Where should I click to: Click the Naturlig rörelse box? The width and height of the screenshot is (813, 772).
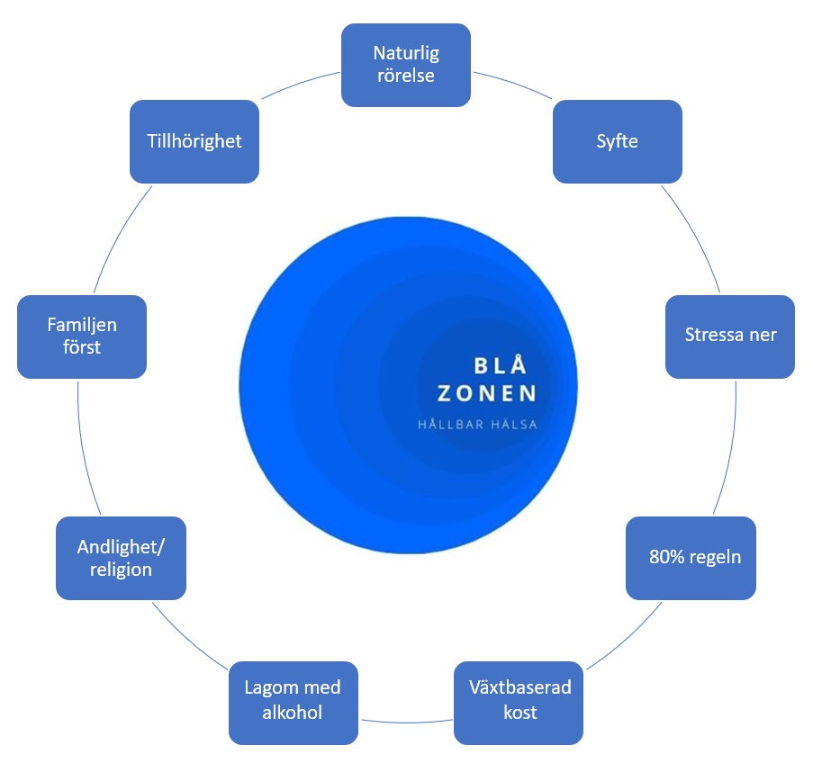(406, 64)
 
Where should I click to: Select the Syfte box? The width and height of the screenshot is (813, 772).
(617, 141)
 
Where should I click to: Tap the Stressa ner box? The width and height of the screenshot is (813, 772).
(729, 336)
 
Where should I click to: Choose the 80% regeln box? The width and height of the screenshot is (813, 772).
(691, 557)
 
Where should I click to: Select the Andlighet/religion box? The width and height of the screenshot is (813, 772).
(121, 557)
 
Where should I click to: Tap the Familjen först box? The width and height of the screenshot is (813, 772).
(82, 336)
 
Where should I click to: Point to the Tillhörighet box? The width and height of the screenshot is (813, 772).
(194, 141)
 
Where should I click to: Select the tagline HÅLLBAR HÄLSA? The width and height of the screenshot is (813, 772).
(477, 425)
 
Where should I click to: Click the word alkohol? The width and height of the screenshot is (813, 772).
(294, 714)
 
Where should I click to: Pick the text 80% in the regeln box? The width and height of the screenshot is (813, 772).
(664, 557)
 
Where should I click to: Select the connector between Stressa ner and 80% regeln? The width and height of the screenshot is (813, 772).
(728, 447)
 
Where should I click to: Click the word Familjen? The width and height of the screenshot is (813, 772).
(82, 325)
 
